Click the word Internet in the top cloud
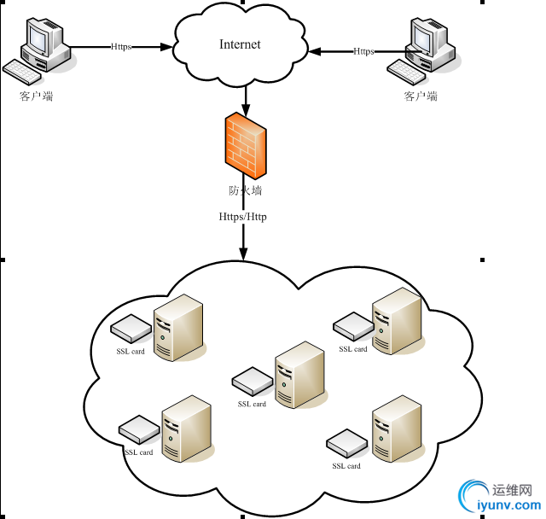(x=240, y=44)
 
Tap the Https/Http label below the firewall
(x=243, y=217)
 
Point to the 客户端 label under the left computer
(x=37, y=96)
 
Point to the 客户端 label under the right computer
(x=421, y=96)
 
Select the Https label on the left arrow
(x=121, y=47)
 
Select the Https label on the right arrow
(x=363, y=51)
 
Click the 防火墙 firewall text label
(x=245, y=190)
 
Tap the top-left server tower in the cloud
(x=177, y=327)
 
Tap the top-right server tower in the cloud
(x=397, y=321)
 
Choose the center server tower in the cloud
(x=299, y=375)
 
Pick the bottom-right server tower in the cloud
(x=397, y=429)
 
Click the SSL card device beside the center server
(x=252, y=380)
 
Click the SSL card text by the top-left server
(x=131, y=351)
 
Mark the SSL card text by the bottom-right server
(x=346, y=466)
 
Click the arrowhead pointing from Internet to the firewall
(x=246, y=110)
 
